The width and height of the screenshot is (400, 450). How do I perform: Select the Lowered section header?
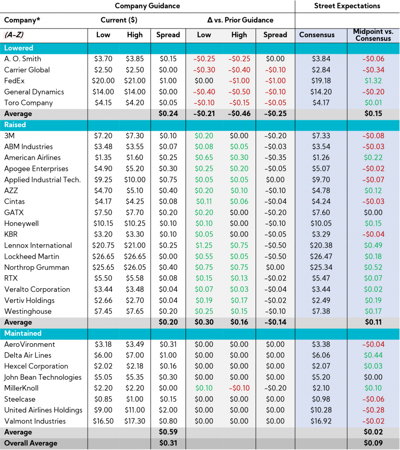click(x=19, y=48)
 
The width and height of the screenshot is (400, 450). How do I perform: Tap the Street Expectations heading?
click(x=347, y=6)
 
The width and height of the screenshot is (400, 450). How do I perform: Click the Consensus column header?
click(x=317, y=35)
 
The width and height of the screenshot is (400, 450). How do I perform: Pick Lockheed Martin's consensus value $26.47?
click(x=321, y=256)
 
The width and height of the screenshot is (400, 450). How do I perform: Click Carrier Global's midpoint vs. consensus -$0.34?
click(x=373, y=70)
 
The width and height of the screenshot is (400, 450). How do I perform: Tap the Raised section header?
click(x=15, y=125)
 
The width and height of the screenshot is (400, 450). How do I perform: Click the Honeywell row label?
click(x=21, y=223)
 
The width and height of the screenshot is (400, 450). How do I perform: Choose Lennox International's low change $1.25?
click(x=204, y=245)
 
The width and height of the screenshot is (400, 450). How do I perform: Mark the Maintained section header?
click(x=23, y=333)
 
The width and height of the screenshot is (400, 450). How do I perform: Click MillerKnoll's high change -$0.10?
click(x=239, y=388)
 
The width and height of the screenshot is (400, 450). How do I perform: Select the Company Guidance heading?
click(x=147, y=6)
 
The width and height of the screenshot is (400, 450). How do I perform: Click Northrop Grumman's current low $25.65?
click(x=103, y=267)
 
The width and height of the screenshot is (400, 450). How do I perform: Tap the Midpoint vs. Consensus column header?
click(x=373, y=35)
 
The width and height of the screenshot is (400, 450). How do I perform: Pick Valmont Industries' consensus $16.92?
click(x=321, y=421)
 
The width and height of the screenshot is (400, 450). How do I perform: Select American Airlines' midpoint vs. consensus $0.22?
click(x=373, y=157)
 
